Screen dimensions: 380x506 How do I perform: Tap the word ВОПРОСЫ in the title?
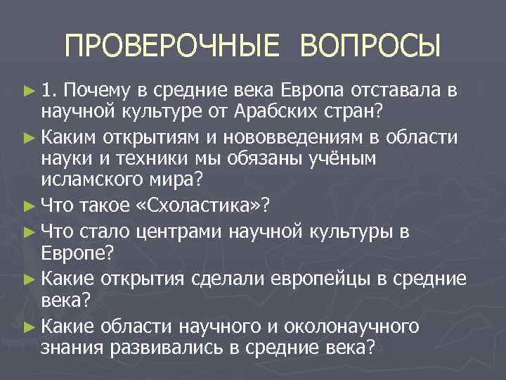(370, 46)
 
